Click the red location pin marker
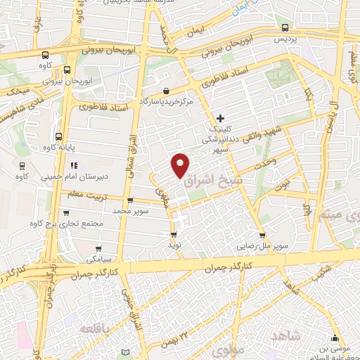[181, 165]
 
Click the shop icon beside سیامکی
[98, 248]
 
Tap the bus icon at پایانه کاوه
[58, 136]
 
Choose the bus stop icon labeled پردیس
[284, 28]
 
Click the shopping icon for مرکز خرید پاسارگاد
[166, 91]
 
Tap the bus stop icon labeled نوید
[174, 235]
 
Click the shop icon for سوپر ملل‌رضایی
[262, 236]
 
